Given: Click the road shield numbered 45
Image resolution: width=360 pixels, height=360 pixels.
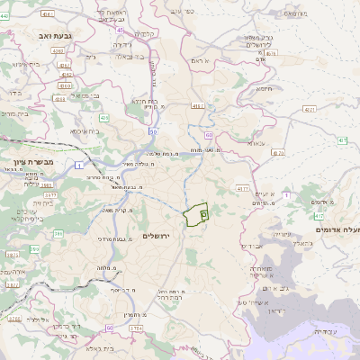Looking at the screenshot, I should click(x=121, y=30).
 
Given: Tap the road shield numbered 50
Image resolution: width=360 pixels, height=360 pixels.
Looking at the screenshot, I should click(x=154, y=131).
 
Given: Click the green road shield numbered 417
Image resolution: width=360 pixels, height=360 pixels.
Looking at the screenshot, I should click(x=319, y=217).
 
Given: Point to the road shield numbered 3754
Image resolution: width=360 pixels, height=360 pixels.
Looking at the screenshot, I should click(x=136, y=328).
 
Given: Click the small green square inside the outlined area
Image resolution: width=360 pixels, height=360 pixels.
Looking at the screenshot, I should click(x=204, y=215).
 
